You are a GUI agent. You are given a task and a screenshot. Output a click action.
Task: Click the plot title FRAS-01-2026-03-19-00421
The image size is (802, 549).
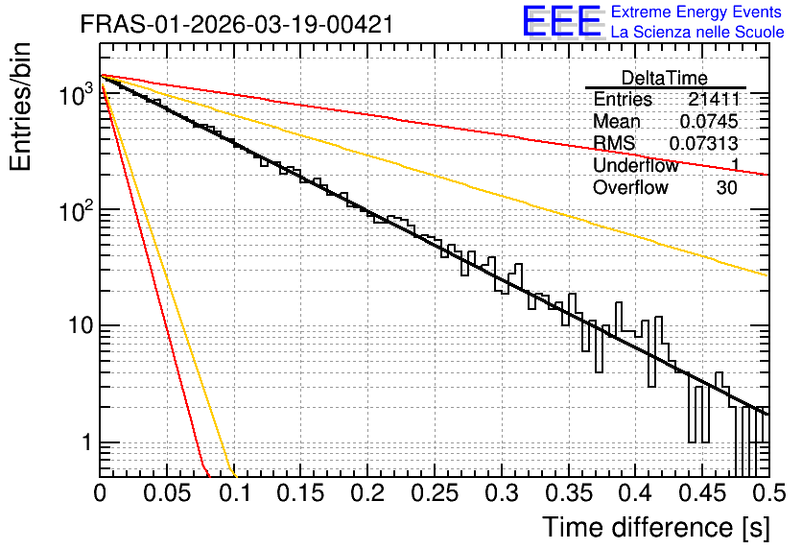coord(237,24)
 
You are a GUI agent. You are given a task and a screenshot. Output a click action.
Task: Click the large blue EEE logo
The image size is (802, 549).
coord(562,21)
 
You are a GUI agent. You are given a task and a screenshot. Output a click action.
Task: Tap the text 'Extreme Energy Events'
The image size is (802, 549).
coord(696,12)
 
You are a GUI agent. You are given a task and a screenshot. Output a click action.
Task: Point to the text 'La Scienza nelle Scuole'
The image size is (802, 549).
coord(697,32)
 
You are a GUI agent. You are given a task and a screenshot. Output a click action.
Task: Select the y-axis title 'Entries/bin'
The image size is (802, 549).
coord(20,107)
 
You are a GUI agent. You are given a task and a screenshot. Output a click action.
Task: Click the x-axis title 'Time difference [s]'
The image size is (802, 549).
coord(656,528)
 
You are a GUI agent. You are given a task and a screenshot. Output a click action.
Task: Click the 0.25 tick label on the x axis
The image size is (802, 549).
coord(435,493)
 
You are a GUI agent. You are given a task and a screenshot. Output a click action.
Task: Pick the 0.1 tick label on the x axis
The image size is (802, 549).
coord(236,493)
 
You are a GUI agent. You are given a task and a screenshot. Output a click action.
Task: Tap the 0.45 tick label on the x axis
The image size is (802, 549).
coord(702,493)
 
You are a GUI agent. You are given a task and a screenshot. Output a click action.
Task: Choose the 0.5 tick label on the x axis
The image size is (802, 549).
coord(769,493)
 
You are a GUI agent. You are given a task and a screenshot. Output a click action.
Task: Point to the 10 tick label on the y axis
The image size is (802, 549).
coord(80,325)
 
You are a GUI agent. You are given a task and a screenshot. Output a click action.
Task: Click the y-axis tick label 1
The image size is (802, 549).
coord(86,442)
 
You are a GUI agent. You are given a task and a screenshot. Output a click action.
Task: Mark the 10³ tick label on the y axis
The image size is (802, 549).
coord(75,94)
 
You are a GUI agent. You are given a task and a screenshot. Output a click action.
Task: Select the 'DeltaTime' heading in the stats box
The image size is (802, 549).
coord(665,78)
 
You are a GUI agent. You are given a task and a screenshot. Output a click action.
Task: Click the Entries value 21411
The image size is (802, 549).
coord(714,99)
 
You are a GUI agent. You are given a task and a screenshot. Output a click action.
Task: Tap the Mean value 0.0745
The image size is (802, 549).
coord(708,121)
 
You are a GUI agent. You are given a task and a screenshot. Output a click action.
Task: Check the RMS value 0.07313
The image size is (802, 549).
coord(703,143)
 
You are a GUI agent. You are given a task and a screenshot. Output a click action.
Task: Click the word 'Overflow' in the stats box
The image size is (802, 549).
coord(630,187)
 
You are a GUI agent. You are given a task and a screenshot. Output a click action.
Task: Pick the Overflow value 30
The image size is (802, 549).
coord(726,187)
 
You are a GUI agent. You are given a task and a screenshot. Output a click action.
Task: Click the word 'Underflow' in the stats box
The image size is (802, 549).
coord(635,165)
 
